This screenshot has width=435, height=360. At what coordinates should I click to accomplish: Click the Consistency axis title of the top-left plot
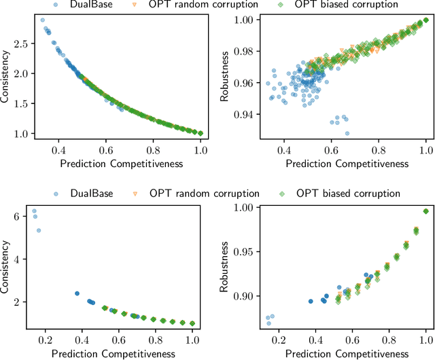click(x=6, y=78)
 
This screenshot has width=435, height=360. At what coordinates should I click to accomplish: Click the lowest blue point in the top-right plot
click(x=347, y=133)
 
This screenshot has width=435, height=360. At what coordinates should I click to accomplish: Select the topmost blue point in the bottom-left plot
click(x=34, y=211)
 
